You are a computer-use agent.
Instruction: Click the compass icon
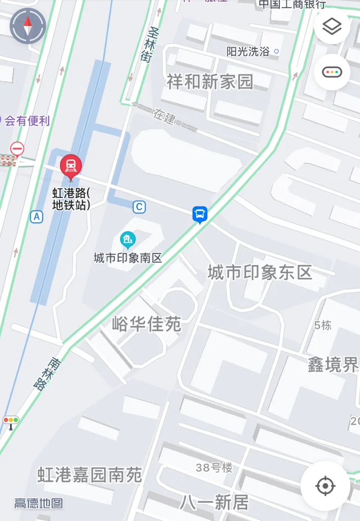pos(28,26)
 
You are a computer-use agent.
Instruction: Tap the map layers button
pos(332,26)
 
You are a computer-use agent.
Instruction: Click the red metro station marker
pos(71,166)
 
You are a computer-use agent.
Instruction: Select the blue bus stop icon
pos(200,214)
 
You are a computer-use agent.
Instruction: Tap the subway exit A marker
pos(37,217)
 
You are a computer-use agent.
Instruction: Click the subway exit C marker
pos(139,207)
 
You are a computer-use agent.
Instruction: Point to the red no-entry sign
pos(17,149)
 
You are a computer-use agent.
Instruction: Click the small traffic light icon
pos(11,421)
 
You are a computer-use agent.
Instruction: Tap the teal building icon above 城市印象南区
pos(128,239)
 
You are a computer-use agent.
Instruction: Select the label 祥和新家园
pos(210,81)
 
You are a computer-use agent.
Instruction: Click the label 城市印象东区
pos(259,273)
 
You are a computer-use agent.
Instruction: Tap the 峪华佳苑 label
pos(146,324)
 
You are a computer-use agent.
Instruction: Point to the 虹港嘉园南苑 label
pos(89,475)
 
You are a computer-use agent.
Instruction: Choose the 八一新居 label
pos(214,503)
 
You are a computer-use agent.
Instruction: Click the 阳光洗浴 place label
pos(248,51)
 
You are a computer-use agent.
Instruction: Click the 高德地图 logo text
pos(39,504)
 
